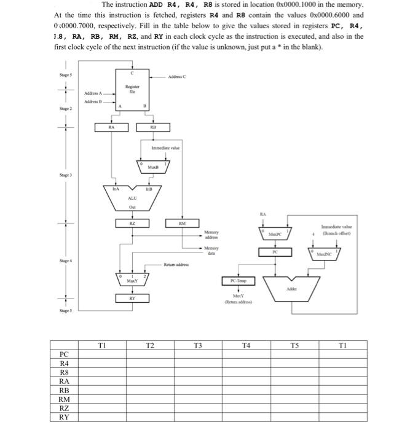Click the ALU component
pos(132,195)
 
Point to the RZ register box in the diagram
pos(132,225)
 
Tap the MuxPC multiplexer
pos(275,234)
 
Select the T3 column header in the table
pos(198,345)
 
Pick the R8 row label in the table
pos(64,372)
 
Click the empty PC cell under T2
pos(149,354)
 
